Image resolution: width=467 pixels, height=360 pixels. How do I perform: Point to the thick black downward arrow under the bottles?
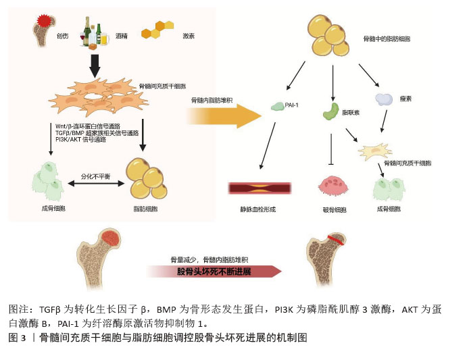pyautogui.click(x=95, y=65)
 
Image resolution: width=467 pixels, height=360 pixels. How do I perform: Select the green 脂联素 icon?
pyautogui.click(x=332, y=109)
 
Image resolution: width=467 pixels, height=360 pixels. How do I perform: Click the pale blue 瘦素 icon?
pyautogui.click(x=384, y=100)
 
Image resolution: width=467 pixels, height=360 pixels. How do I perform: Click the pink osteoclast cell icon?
pyautogui.click(x=331, y=185)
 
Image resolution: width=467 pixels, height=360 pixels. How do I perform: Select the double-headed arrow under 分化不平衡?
pyautogui.click(x=92, y=184)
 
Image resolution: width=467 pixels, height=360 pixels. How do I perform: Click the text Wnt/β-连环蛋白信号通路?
pyautogui.click(x=87, y=126)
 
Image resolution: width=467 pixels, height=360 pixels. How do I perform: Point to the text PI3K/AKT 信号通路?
pyautogui.click(x=80, y=140)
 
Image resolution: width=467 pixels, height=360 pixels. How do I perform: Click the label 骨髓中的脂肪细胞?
pyautogui.click(x=387, y=39)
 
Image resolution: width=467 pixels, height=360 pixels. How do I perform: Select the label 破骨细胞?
pyautogui.click(x=334, y=210)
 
